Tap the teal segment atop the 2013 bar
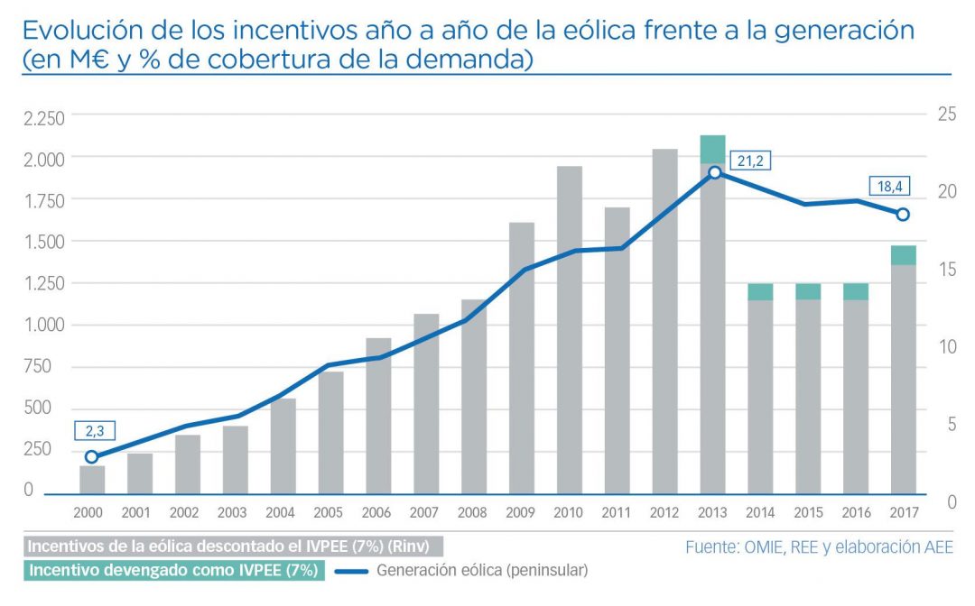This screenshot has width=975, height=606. coord(712,149)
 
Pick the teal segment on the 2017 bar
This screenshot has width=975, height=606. coord(904,255)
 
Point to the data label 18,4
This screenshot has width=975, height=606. coord(889,187)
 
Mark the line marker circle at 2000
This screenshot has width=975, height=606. coord(91,457)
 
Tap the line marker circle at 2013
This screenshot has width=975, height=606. coord(714,172)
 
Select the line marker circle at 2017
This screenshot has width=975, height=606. coord(903,214)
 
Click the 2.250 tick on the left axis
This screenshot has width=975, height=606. coord(43,117)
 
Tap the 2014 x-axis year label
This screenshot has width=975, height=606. coord(760,513)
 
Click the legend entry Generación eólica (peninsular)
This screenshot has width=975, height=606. coord(482,570)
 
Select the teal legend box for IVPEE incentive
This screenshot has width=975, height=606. coord(172,570)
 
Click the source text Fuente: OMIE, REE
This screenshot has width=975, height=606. coord(819,546)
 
